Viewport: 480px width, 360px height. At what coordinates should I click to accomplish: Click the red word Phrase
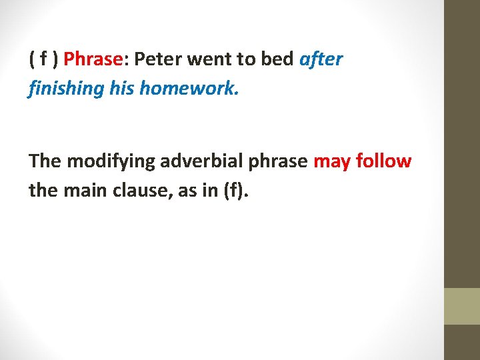point(93,60)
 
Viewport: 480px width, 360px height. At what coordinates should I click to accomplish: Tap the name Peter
point(158,60)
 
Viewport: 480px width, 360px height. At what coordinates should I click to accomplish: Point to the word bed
point(277,60)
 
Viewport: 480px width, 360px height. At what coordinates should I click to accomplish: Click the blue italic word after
point(321,60)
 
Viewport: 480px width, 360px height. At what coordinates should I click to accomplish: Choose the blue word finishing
point(65,89)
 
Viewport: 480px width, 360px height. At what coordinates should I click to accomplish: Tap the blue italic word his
point(121,89)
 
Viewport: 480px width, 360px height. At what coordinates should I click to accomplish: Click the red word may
point(331,161)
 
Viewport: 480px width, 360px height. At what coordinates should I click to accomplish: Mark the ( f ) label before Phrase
point(43,60)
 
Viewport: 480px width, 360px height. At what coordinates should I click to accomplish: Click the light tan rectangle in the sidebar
point(462,306)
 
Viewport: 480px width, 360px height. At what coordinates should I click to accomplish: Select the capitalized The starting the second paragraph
point(44,161)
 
